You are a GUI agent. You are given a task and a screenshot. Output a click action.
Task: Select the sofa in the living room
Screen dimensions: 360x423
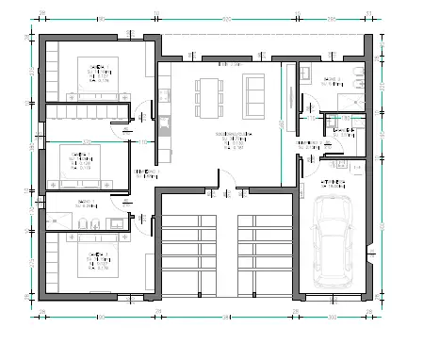pos(254,94)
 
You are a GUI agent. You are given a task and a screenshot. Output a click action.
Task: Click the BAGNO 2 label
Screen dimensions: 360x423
pos(331,80)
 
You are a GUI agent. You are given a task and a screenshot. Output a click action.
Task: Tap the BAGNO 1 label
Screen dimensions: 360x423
pos(85,203)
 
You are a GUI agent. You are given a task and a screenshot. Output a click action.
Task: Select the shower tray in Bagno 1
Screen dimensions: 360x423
pos(55,221)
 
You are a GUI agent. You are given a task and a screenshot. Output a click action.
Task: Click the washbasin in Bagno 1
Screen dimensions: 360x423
pos(116,222)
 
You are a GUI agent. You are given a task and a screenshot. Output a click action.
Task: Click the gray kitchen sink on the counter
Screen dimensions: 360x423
pos(163,94)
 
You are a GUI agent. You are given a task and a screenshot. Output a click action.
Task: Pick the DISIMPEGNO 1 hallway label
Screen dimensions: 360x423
pos(143,172)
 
